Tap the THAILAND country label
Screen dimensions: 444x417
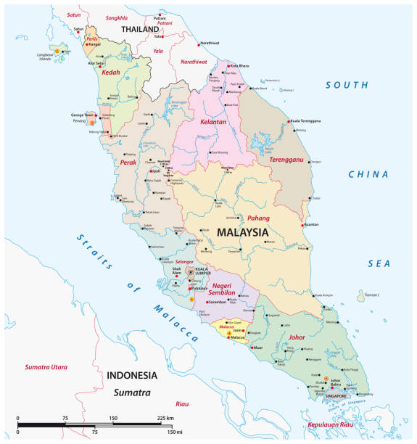click(140, 30)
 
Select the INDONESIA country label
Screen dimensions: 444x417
click(131, 376)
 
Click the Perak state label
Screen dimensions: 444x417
click(128, 163)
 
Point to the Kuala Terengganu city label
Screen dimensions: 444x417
click(307, 121)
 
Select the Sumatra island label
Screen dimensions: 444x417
click(131, 392)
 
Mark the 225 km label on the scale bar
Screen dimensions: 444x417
click(165, 419)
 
